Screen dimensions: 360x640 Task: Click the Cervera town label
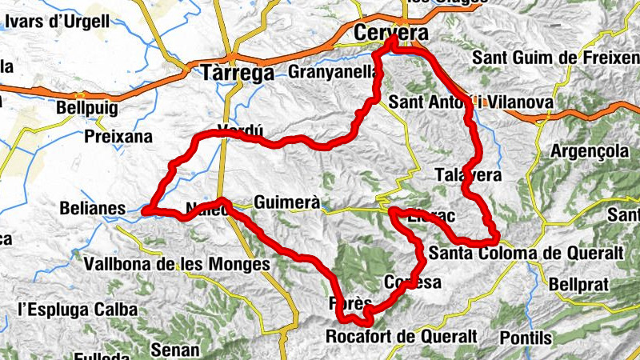pos(390,34)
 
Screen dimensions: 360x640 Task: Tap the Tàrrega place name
pos(237,72)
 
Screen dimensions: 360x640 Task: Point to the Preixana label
pos(118,137)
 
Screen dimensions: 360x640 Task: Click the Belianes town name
pos(93,210)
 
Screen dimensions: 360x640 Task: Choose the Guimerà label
pos(287,203)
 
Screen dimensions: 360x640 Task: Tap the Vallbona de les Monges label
pos(177,263)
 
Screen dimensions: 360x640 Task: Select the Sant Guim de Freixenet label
pos(555,58)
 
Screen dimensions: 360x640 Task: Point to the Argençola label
pos(591,151)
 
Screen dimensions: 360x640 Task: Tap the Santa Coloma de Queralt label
pos(526,254)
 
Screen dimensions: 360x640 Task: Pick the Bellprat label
pos(579,284)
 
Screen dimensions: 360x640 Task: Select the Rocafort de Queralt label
pos(402,336)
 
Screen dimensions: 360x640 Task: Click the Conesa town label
pos(413,282)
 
